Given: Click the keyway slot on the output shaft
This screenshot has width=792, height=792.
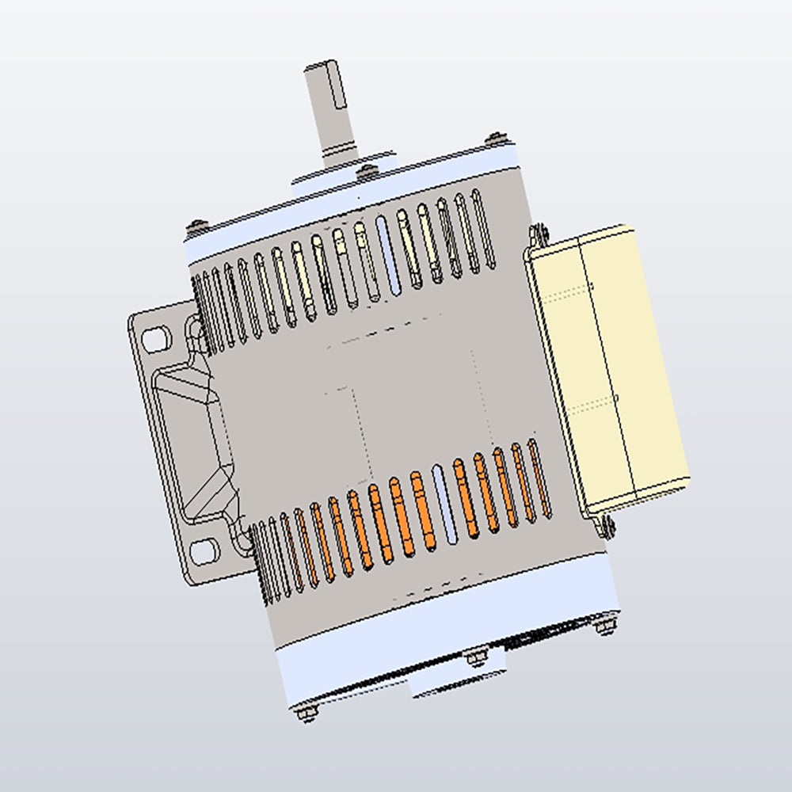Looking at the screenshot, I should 338,89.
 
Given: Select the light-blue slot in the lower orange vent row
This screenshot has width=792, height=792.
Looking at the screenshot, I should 445,504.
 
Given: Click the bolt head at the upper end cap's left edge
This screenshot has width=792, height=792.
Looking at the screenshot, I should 195,227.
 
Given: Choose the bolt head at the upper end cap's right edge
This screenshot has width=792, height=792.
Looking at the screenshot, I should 495,138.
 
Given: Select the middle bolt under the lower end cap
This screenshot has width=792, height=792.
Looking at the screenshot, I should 476,657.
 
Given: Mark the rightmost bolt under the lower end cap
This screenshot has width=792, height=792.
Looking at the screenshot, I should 606,626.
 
